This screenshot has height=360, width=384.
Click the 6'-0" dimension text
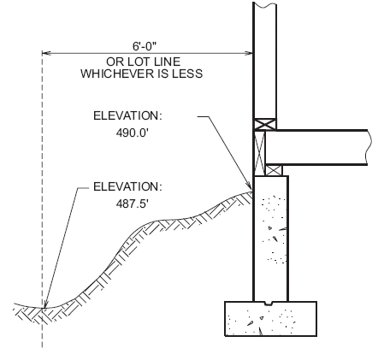pos(145,46)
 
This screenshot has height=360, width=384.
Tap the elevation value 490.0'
pos(133,133)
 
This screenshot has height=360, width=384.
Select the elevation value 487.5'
pos(133,204)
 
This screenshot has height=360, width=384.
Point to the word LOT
pos(139,62)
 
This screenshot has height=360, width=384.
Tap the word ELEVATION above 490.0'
pos(127,115)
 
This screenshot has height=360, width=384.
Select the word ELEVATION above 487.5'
pos(127,186)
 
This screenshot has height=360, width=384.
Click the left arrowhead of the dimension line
pos(46,53)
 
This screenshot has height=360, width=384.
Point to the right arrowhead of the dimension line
pos(248,53)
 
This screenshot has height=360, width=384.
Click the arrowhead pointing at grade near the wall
pos(249,185)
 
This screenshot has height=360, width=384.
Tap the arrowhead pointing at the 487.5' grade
pos(44,304)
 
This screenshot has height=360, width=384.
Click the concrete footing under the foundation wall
pos(271,319)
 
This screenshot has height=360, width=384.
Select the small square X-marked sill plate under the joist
pos(274,170)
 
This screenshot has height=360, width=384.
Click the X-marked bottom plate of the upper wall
pos(265,124)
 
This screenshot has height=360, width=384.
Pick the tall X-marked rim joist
pos(259,153)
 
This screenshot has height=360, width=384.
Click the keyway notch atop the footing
pos(269,304)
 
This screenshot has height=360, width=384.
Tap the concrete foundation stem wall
pos(271,239)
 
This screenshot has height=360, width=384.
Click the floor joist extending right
pos(316,148)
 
